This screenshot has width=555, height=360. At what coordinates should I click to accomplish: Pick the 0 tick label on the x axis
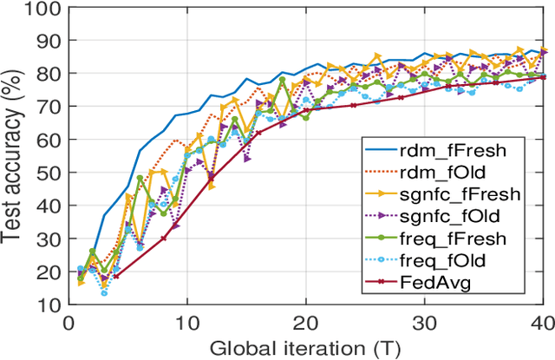coord(69,322)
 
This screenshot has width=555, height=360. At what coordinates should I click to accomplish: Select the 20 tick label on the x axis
coord(305,322)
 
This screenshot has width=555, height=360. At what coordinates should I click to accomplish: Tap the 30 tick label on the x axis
coord(424,322)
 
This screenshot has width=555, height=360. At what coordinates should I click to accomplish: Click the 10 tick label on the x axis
coord(186,322)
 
